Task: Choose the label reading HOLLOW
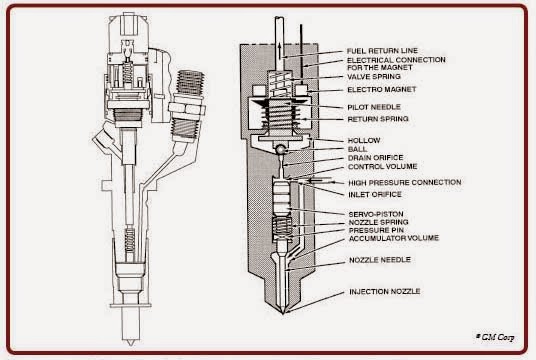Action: click(362, 139)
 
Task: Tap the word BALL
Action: click(356, 148)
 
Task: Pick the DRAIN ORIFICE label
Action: click(374, 157)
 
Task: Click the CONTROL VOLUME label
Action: click(380, 166)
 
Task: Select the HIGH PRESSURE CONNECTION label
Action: click(404, 182)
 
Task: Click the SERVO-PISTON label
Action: click(375, 213)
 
